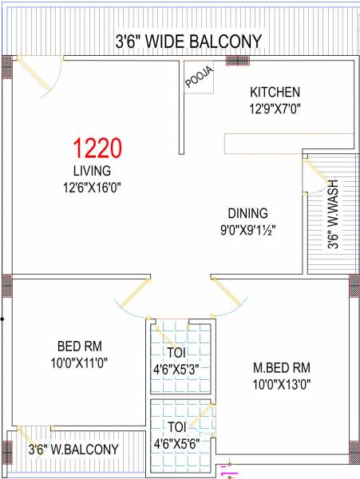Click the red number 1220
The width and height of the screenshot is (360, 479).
coord(97,148)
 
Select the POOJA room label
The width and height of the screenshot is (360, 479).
coord(199,78)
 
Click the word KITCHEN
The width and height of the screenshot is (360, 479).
coord(275,92)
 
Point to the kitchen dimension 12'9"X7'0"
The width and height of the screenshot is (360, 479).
coord(275,109)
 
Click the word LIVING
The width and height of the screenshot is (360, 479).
coord(92,171)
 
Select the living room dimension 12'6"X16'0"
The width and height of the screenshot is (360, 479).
coord(92,188)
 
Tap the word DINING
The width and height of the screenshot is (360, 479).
coord(247,213)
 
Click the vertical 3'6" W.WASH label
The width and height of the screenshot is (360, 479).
coord(331,215)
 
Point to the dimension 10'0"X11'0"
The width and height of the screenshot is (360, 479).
coord(79,362)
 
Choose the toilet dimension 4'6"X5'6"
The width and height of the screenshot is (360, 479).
coord(181,442)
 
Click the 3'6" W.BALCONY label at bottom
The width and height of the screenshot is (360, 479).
coord(73,449)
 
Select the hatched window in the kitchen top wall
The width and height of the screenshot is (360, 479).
coord(237,61)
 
